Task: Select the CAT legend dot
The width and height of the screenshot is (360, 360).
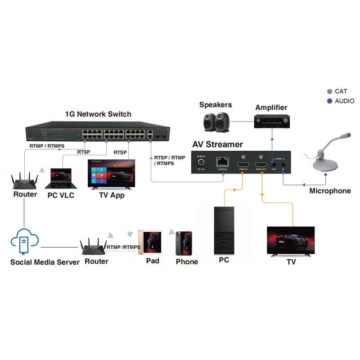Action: tap(329, 91)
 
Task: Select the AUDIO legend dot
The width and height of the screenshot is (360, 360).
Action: tap(329, 101)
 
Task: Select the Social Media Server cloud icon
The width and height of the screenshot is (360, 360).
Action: tap(25, 242)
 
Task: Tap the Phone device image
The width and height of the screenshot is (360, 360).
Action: tap(184, 243)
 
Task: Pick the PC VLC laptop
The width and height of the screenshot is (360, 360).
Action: tap(58, 179)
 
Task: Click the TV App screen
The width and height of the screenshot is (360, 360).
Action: tap(112, 173)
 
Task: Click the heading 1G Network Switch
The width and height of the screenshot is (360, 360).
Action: tap(98, 114)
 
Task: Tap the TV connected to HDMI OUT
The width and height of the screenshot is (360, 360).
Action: tap(290, 241)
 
